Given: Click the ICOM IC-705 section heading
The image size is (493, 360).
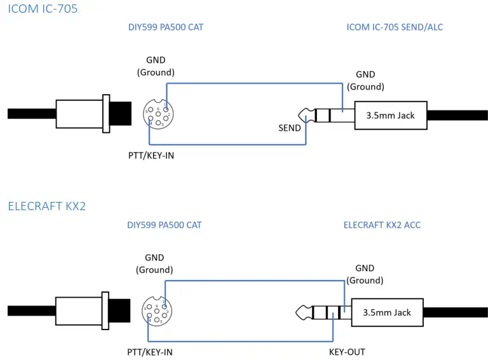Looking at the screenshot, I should (x=43, y=9).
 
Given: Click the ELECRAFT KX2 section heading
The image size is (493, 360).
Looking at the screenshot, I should (x=46, y=206).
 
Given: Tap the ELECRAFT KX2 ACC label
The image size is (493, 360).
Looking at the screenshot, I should (x=382, y=225).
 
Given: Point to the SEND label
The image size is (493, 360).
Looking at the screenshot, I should (x=290, y=128).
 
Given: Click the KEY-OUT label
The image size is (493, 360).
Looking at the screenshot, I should (x=347, y=352).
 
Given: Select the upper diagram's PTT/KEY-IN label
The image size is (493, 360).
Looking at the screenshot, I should (x=151, y=155).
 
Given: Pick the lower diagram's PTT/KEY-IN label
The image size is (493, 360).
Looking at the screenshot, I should (x=150, y=352).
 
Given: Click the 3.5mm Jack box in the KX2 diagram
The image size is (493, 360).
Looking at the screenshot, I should (x=386, y=312).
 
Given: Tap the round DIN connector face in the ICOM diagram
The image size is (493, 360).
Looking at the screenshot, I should (x=158, y=115).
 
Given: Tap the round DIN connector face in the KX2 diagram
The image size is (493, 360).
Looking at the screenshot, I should (x=156, y=312).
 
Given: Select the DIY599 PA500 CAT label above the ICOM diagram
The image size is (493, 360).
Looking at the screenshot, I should (x=166, y=27).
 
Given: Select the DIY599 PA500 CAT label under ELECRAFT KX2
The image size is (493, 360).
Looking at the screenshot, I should (x=165, y=225).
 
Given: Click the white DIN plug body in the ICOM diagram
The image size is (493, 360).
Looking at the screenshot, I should (x=79, y=114).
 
